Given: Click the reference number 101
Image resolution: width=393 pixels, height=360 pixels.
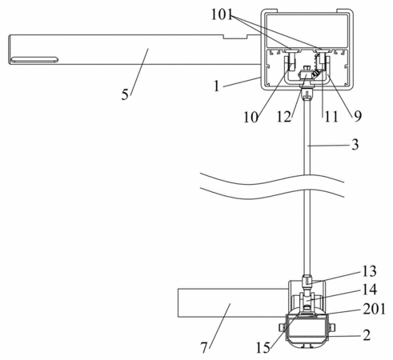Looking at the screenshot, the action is [x=222, y=14].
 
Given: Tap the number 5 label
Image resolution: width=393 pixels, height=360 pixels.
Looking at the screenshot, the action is [x=125, y=94].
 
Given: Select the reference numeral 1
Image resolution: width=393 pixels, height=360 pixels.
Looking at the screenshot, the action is [x=217, y=86].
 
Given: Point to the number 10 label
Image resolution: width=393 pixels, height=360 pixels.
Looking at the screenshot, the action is [x=251, y=117].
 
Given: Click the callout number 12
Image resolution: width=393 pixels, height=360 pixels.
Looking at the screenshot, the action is [x=284, y=117].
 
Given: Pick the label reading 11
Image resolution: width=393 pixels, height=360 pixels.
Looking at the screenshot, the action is [x=331, y=117].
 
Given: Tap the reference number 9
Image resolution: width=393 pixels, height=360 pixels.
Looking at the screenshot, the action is [x=358, y=116].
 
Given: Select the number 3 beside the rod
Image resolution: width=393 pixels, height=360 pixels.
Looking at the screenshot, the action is [x=355, y=145].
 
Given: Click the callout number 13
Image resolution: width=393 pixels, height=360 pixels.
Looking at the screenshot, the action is [x=369, y=271].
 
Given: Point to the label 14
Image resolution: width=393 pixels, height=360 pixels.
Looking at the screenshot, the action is [x=370, y=290].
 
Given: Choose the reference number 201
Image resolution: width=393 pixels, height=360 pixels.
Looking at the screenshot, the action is [x=374, y=309].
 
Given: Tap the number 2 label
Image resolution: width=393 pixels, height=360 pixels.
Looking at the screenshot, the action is [x=367, y=335].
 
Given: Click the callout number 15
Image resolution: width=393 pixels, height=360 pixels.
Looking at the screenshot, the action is [x=263, y=348].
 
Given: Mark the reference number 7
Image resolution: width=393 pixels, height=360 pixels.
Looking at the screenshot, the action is [x=204, y=347].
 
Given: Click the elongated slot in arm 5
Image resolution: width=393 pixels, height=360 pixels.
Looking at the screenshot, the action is [x=34, y=60].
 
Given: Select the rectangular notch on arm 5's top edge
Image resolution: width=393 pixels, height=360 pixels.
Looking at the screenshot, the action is [x=235, y=37].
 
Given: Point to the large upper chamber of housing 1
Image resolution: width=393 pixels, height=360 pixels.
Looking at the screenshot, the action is [x=307, y=30].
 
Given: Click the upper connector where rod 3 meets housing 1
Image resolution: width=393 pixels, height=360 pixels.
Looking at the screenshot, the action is [x=307, y=94].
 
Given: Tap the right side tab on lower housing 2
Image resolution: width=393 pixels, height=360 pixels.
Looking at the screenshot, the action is [x=332, y=327].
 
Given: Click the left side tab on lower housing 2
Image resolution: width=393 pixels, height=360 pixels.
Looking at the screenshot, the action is [x=282, y=327].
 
